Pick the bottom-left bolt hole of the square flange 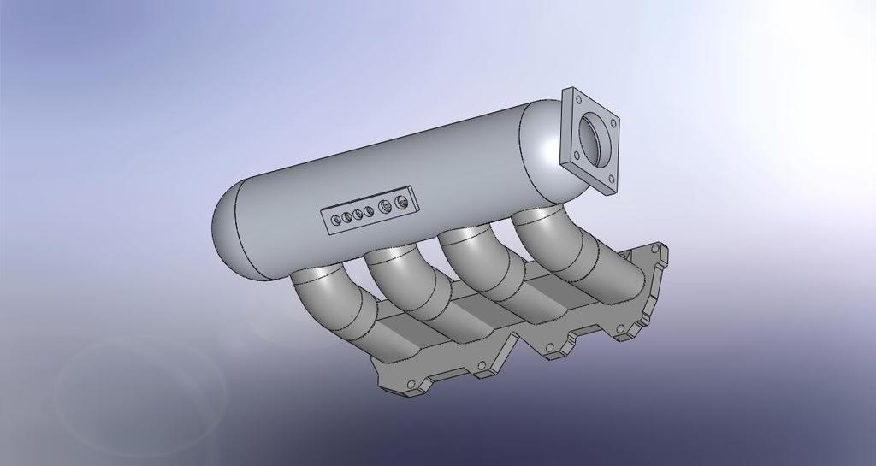576,156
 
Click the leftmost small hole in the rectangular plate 335,220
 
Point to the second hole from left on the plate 346,216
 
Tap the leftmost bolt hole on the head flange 411,384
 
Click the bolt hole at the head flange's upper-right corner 655,248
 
